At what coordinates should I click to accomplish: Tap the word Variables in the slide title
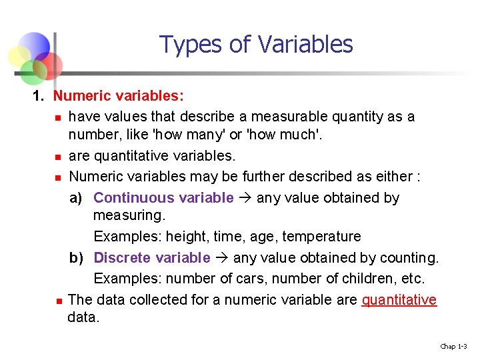305,45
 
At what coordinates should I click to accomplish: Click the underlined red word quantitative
399,299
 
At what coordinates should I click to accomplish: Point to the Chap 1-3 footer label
453,346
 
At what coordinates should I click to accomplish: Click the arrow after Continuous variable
245,197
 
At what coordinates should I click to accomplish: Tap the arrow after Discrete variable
221,257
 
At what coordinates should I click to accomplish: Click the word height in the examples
185,237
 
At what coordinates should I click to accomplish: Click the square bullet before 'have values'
58,118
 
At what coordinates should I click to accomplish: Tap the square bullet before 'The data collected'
58,301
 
